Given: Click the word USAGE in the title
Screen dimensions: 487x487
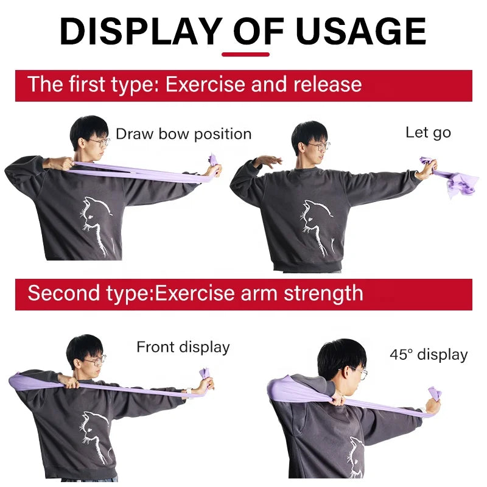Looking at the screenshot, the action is [361, 31].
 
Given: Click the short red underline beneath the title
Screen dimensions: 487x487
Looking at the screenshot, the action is [245, 55].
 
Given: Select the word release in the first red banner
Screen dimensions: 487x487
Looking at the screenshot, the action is [328, 85].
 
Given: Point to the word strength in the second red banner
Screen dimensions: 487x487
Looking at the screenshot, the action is [323, 293].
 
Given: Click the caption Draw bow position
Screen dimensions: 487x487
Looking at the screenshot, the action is [184, 135].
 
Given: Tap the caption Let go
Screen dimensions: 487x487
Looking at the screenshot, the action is [429, 133].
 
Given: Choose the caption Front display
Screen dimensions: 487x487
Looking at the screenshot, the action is [183, 347].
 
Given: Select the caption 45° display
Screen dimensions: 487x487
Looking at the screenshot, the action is [429, 354].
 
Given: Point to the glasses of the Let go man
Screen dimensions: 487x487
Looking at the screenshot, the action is [319, 145].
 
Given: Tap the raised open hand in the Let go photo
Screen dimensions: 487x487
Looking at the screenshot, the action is [268, 161].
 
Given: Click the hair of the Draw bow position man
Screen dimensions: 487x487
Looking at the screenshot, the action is [88, 130].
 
